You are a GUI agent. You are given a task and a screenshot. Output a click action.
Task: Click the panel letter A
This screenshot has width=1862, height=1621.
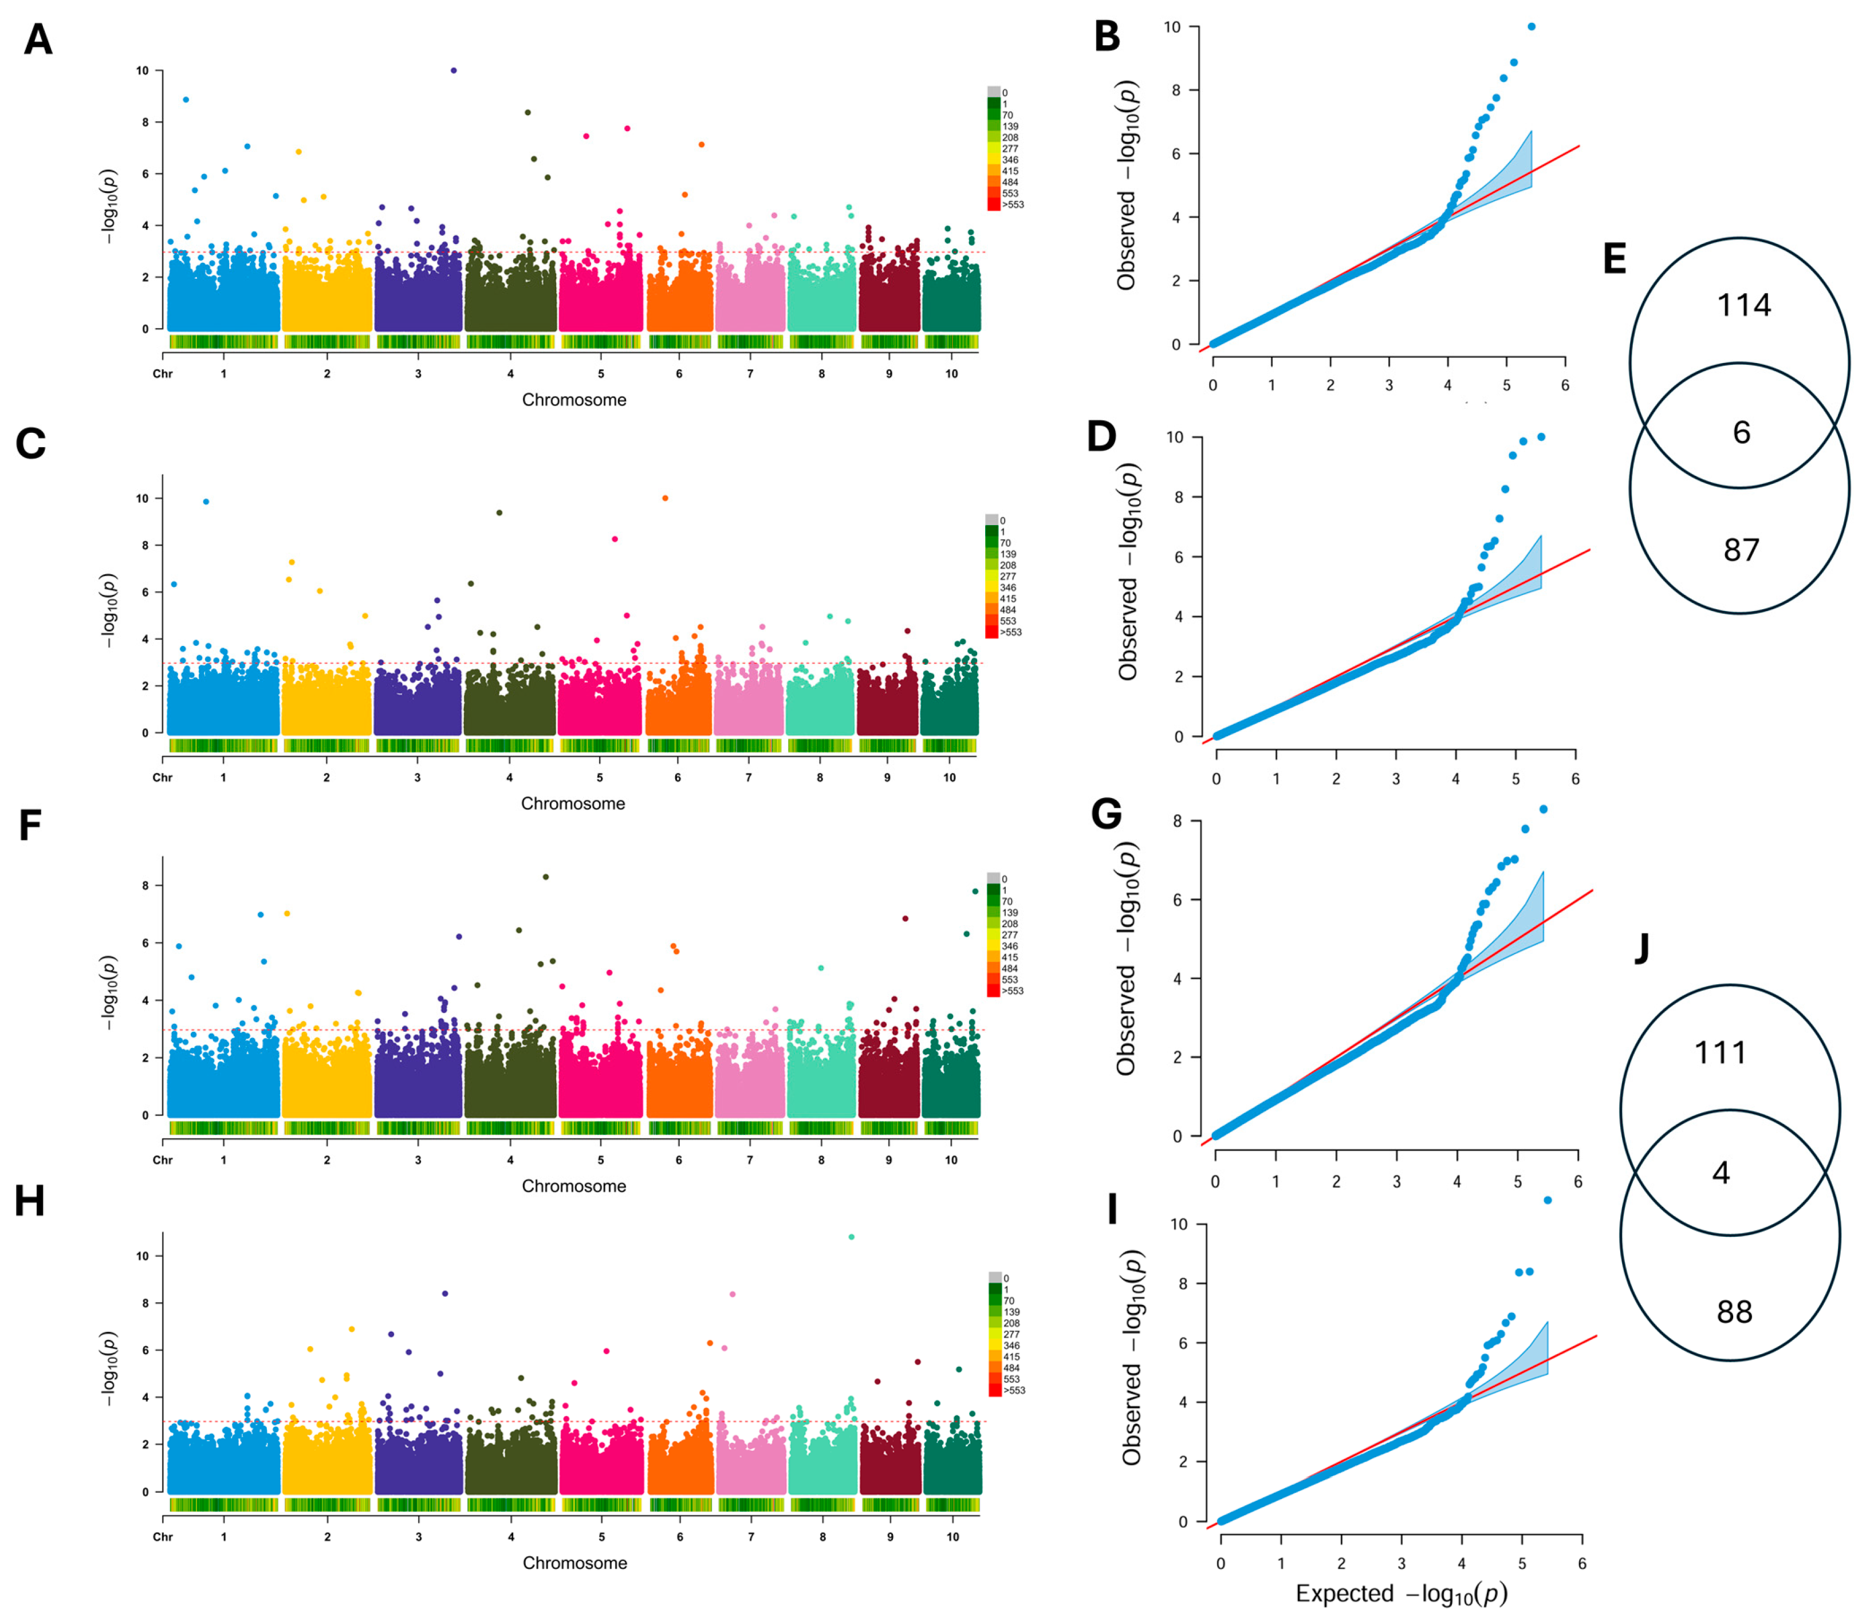coord(37,41)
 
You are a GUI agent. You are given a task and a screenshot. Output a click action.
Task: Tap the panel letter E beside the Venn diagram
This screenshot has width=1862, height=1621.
coord(1614,259)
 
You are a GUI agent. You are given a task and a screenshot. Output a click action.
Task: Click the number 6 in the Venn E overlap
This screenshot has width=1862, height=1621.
coord(1742,432)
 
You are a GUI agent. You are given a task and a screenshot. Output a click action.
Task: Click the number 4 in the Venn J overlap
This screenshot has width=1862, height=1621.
coord(1721,1173)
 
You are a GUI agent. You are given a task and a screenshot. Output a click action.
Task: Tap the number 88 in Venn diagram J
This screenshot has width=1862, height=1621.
coord(1734,1312)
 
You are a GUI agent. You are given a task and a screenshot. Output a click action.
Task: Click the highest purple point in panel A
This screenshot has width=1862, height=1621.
coord(453,70)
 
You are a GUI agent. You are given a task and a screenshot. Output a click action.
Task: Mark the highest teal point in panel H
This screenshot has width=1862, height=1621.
coord(851,1237)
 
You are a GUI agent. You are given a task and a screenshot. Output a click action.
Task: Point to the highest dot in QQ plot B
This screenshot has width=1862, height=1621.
coord(1532,27)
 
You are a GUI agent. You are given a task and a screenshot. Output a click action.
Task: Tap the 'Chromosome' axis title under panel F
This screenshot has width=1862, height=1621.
coord(574,1186)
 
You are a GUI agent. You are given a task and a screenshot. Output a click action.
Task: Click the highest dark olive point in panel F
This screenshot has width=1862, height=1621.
coord(546,877)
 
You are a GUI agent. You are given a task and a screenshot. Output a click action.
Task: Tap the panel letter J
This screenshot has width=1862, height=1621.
coord(1642,948)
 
